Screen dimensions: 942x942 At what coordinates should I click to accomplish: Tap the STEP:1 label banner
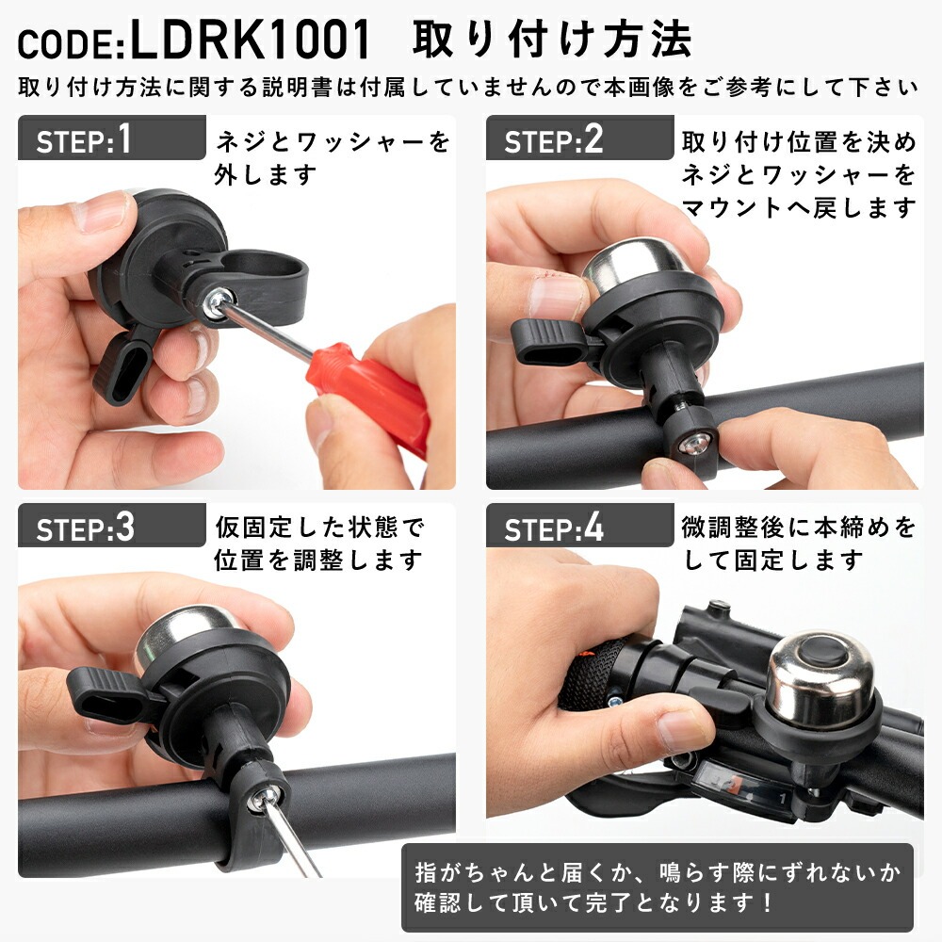(112, 138)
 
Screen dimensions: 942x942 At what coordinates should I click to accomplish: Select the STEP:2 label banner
(579, 138)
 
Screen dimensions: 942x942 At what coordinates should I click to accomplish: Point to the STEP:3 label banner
(112, 526)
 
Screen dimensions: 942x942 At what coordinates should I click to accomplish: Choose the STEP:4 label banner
(579, 526)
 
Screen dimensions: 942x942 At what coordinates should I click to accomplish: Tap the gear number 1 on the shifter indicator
(782, 799)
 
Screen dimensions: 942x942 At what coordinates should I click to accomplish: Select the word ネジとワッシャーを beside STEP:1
(333, 142)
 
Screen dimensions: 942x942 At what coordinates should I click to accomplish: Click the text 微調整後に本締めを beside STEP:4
(798, 527)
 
